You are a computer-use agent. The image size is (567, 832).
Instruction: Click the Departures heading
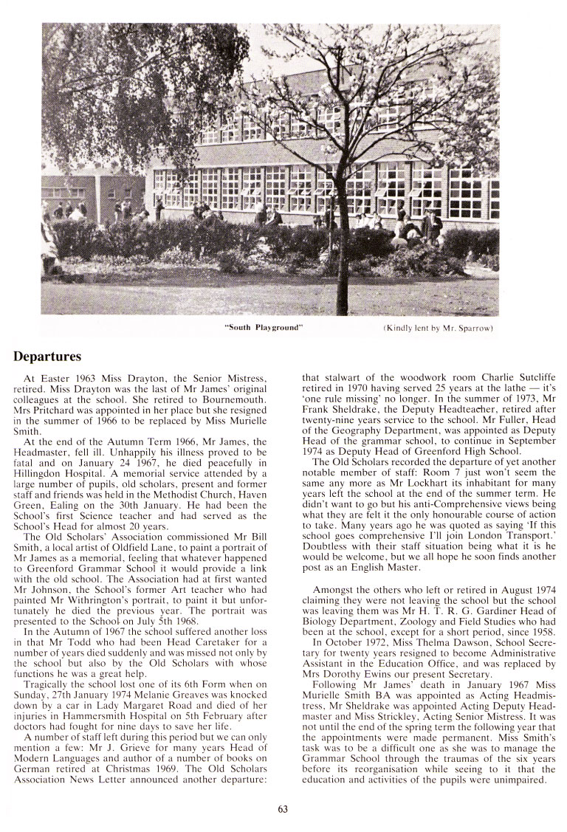click(x=47, y=357)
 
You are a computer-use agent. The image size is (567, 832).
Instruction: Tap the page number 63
click(x=283, y=809)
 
